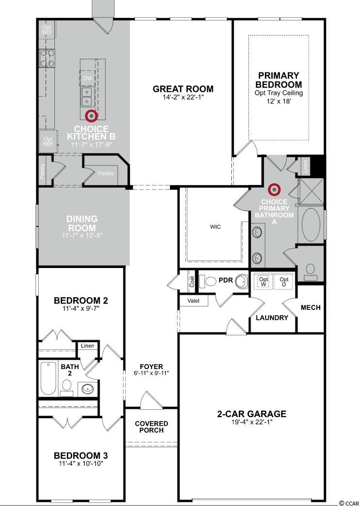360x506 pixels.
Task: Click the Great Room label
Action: point(183,89)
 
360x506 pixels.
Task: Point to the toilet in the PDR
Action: point(208,281)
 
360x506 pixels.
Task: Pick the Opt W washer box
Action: point(263,281)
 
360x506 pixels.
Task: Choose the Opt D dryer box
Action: point(284,281)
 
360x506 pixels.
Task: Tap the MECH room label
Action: point(311,307)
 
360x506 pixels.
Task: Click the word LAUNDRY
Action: point(272,318)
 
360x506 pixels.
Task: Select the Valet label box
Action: point(194,301)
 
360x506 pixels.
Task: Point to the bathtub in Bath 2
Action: point(49,378)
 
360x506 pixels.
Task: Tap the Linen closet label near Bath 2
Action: point(88,346)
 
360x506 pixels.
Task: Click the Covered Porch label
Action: point(151,427)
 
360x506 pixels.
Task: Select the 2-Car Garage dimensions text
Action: point(252,422)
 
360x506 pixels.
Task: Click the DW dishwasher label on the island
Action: point(87,78)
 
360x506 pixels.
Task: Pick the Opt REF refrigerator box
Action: point(49,141)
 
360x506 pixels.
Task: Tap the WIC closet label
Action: point(215,227)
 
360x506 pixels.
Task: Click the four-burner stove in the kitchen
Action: point(47,58)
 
